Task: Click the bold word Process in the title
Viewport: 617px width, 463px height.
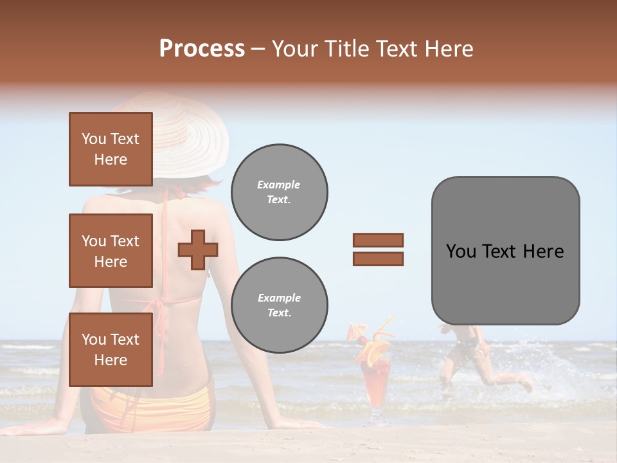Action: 202,49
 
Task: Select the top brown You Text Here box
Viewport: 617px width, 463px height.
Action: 111,149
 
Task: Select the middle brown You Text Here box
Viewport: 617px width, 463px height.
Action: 111,251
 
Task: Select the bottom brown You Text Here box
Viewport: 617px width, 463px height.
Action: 111,350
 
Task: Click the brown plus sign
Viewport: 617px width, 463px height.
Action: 198,250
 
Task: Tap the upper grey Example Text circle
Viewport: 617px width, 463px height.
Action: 279,192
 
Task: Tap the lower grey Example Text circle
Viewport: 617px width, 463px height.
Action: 279,305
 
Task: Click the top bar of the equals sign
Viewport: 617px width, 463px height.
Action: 378,241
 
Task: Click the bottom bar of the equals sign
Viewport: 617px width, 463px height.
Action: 378,259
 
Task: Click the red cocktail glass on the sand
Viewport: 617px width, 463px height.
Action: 377,386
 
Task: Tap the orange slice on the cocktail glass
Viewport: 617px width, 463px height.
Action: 375,351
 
